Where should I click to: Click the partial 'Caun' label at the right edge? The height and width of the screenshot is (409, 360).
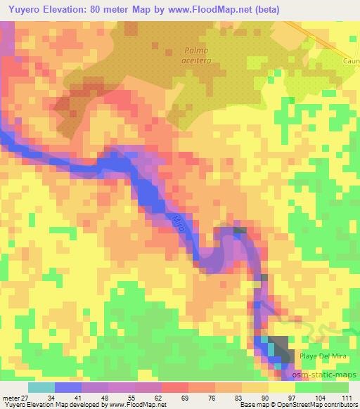[351, 61]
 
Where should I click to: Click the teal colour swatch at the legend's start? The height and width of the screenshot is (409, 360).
[41, 387]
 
